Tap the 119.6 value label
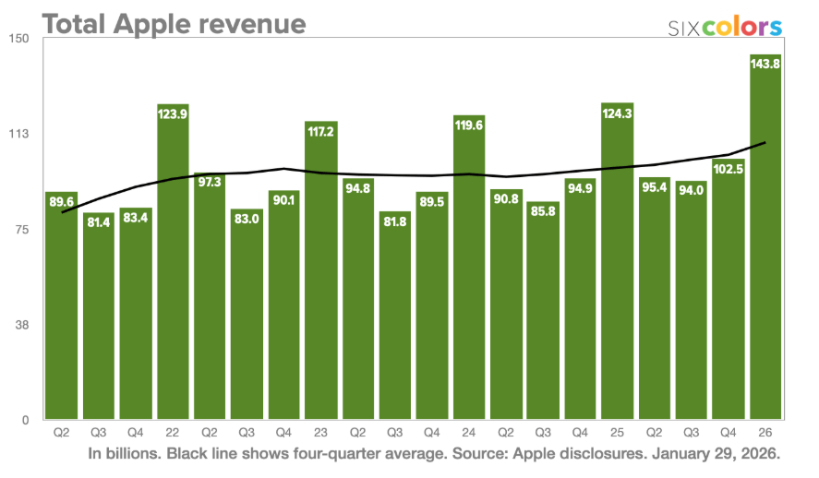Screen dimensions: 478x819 pyautogui.click(x=469, y=126)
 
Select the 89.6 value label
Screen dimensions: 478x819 pyautogui.click(x=61, y=203)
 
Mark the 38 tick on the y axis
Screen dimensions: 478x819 pyautogui.click(x=23, y=325)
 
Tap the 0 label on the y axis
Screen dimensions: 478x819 pyautogui.click(x=27, y=421)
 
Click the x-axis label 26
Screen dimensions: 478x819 pyautogui.click(x=765, y=432)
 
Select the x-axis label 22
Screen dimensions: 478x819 pyautogui.click(x=173, y=432)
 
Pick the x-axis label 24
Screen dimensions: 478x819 pyautogui.click(x=469, y=432)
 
